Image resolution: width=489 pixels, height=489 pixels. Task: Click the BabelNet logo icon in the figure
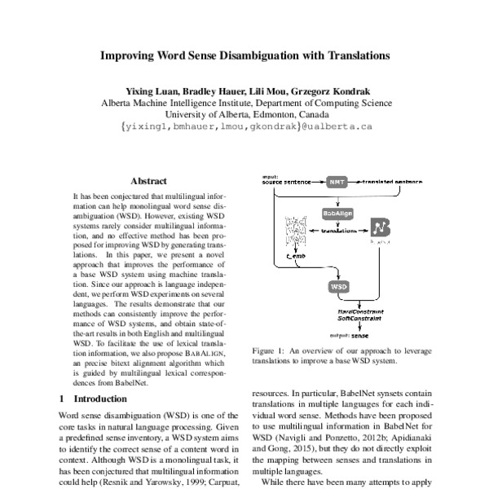[x=381, y=230]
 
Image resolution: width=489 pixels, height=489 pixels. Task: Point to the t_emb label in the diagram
[x=294, y=256]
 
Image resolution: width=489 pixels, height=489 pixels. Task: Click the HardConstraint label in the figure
[x=360, y=311]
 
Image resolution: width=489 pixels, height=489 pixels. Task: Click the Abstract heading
[x=148, y=181]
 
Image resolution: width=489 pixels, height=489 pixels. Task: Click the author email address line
[x=245, y=127]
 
